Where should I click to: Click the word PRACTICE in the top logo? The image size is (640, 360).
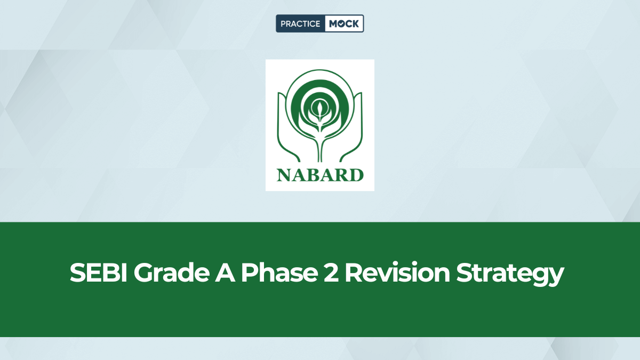point(300,24)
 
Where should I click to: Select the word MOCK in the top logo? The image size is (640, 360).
point(344,24)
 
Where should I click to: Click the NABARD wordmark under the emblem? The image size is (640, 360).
point(320,174)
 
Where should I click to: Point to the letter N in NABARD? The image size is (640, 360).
point(283,174)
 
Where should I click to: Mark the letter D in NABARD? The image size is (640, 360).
point(357,174)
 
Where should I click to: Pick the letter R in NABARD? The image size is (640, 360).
point(342,174)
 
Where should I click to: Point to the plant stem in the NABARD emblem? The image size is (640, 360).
point(320,144)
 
